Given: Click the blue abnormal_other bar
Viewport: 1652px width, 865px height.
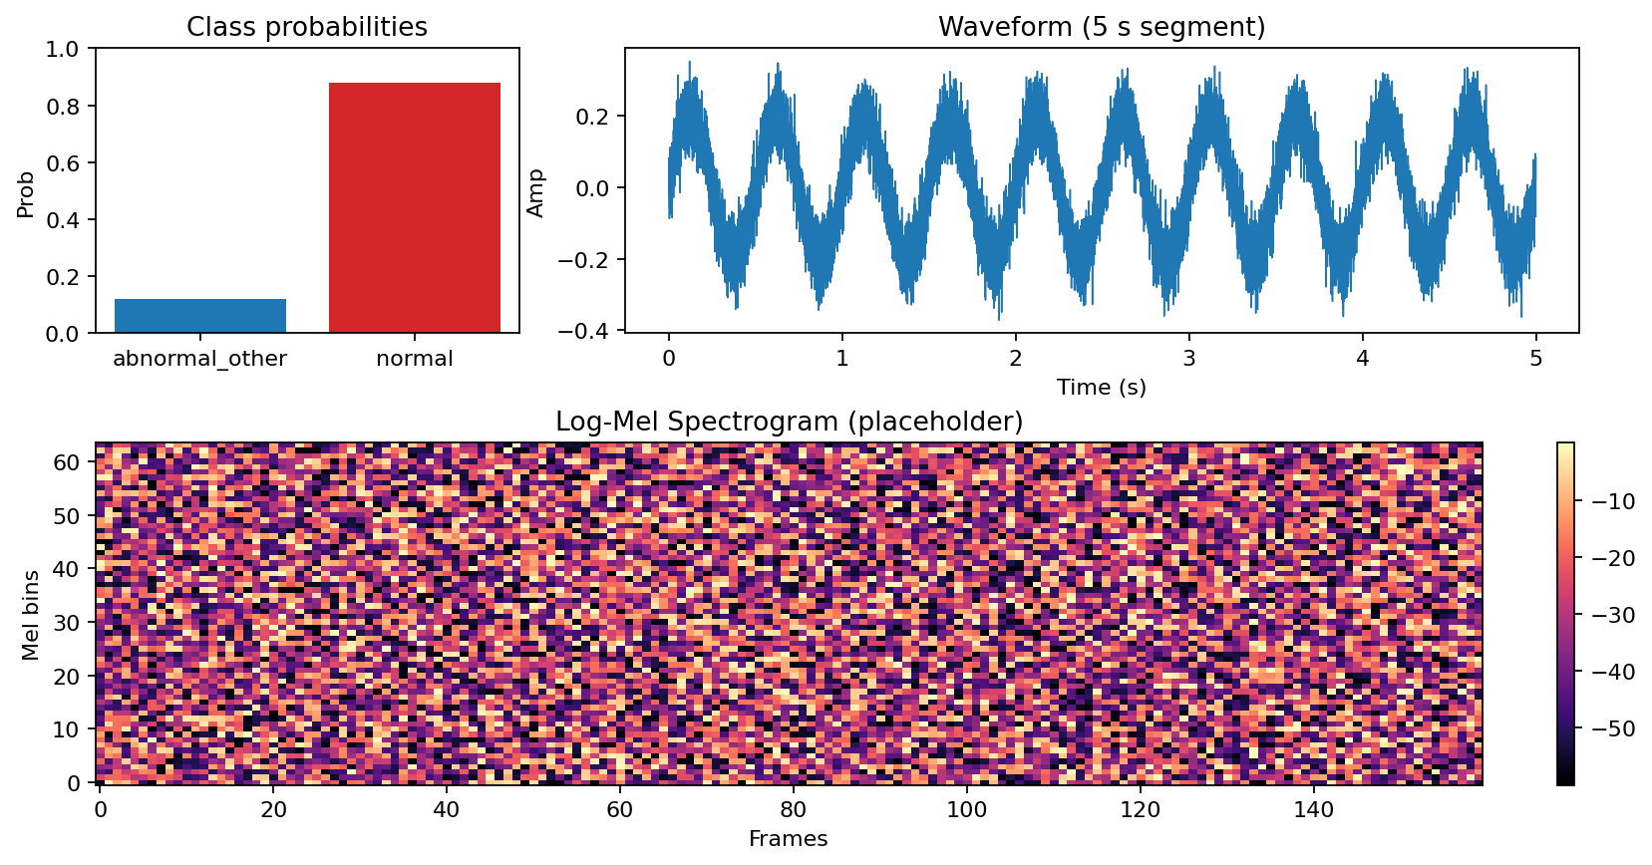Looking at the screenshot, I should (200, 315).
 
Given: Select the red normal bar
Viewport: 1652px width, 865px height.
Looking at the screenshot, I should (415, 207).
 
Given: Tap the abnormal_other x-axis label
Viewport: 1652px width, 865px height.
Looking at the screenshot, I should (200, 359).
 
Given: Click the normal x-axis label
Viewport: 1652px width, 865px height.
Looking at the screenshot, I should (415, 359).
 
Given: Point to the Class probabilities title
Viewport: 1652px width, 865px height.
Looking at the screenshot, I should (307, 27).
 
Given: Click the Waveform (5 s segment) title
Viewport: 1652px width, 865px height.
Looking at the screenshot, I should (1102, 27).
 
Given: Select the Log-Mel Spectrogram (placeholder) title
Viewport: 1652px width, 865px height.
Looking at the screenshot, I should (789, 422).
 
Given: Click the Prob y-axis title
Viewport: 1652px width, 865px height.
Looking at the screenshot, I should (26, 194).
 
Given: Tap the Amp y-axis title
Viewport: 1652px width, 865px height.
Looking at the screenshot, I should (535, 193).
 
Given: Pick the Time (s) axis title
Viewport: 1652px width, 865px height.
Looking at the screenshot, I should (1102, 387).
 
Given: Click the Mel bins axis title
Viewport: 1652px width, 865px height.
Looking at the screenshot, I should (31, 615).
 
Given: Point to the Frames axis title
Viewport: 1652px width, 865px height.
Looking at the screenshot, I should (789, 838).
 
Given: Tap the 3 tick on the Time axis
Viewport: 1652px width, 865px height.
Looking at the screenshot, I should (1188, 358).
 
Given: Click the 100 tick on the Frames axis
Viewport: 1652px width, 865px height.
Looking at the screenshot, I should (966, 810).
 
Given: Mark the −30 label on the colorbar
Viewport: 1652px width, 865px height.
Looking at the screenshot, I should (1610, 615).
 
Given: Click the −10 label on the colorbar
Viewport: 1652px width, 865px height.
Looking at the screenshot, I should (1610, 501).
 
